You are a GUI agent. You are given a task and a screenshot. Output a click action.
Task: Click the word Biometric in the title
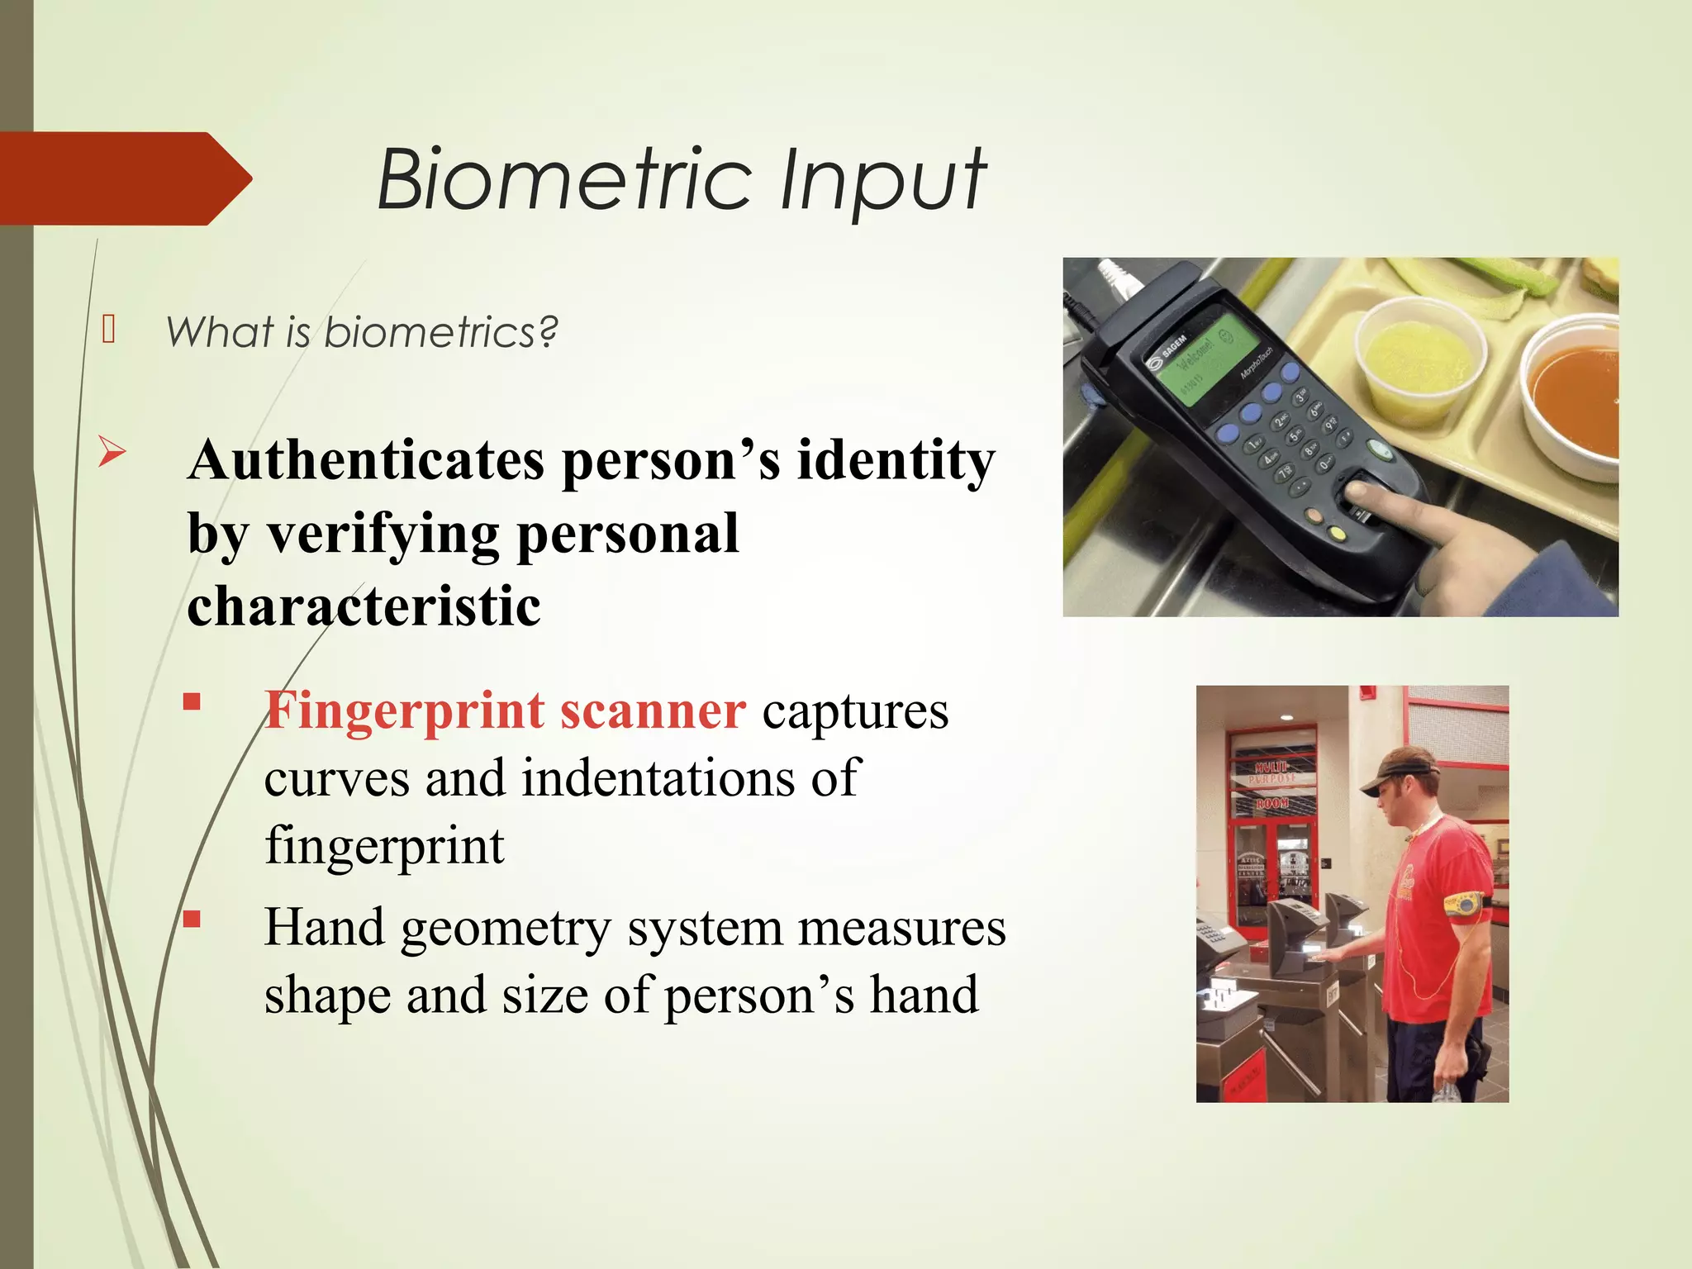tap(565, 180)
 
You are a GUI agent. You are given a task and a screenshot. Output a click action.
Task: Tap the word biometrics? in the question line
tap(441, 333)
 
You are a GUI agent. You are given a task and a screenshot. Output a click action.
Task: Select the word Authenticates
tap(366, 460)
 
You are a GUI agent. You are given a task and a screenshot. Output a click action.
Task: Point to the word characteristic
tap(364, 606)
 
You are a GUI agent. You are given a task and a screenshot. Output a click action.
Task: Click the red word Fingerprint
tap(404, 711)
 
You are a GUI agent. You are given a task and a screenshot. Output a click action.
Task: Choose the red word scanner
tap(653, 711)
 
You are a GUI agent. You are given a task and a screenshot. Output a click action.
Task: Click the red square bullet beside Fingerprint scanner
tap(192, 702)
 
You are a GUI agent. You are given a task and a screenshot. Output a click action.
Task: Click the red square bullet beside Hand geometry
tap(192, 920)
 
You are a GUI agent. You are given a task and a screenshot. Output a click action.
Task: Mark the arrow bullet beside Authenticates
tap(112, 452)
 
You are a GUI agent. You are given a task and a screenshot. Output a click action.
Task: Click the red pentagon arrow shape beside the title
tap(124, 178)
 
